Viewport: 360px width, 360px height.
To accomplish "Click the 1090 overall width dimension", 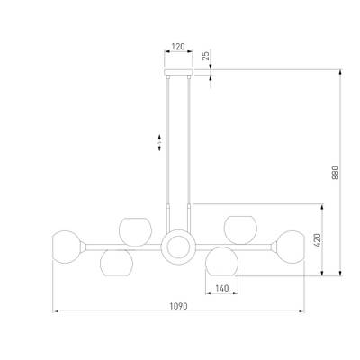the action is coord(178,306).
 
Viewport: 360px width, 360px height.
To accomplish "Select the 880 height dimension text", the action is coord(335,173).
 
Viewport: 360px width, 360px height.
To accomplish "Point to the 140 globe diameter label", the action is coord(222,288).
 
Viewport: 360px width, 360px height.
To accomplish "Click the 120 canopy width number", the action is coord(178,47).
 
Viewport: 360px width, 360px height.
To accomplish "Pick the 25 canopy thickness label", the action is coord(205,56).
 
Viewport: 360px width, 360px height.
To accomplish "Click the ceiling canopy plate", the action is coord(178,72).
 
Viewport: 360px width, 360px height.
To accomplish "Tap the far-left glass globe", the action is coord(67,247).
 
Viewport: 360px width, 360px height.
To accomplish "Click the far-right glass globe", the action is coord(291,247).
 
